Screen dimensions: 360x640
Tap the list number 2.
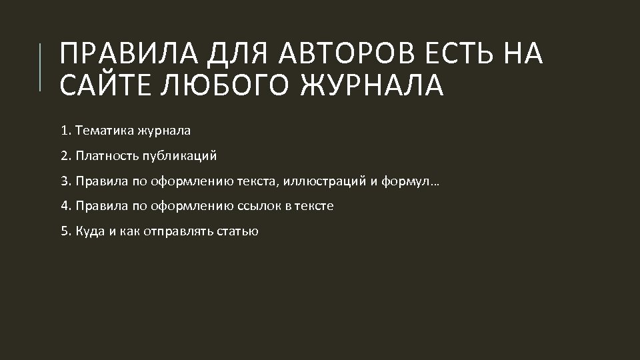pos(65,156)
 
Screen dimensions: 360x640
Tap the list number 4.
pos(65,206)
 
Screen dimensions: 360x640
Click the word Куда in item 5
pos(89,231)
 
